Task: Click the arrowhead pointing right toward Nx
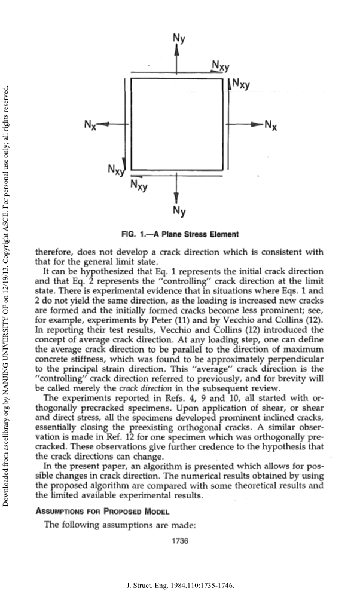[258, 124]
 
